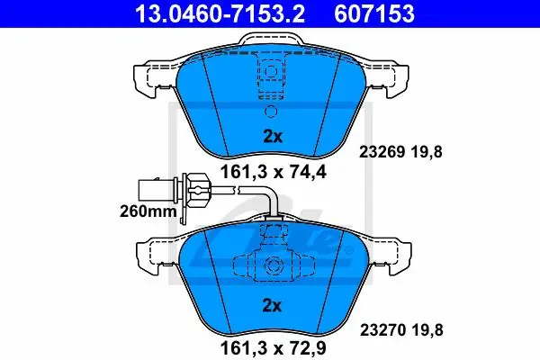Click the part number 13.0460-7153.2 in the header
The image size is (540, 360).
[x=220, y=13]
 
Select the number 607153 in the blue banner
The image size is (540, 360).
[x=374, y=13]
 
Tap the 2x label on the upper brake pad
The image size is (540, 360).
[x=273, y=137]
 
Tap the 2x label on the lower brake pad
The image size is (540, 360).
[x=272, y=306]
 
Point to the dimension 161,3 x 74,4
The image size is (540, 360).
[x=273, y=172]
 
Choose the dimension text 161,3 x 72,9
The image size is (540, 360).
[x=273, y=348]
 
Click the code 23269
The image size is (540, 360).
[x=382, y=151]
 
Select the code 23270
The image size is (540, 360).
[x=382, y=330]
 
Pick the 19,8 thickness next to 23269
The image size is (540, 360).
[x=426, y=152]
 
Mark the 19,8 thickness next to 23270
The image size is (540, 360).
[x=427, y=330]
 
